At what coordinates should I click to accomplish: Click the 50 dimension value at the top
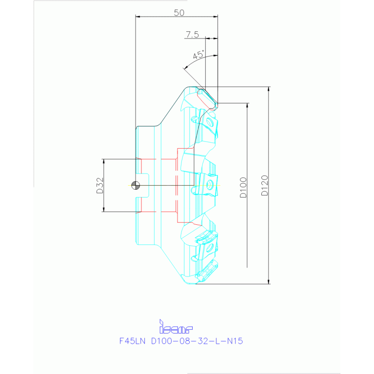pos(179,13)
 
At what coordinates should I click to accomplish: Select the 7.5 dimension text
pos(192,35)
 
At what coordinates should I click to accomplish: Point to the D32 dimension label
pos(100,186)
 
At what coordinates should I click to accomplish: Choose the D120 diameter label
pos(264,185)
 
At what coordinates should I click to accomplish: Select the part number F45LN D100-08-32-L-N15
pos(181,341)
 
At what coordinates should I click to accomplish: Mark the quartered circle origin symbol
pos(136,185)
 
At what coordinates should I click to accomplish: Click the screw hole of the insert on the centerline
pos(210,185)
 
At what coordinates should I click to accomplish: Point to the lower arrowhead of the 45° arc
pos(186,68)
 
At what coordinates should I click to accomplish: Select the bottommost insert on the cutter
pos(208,271)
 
